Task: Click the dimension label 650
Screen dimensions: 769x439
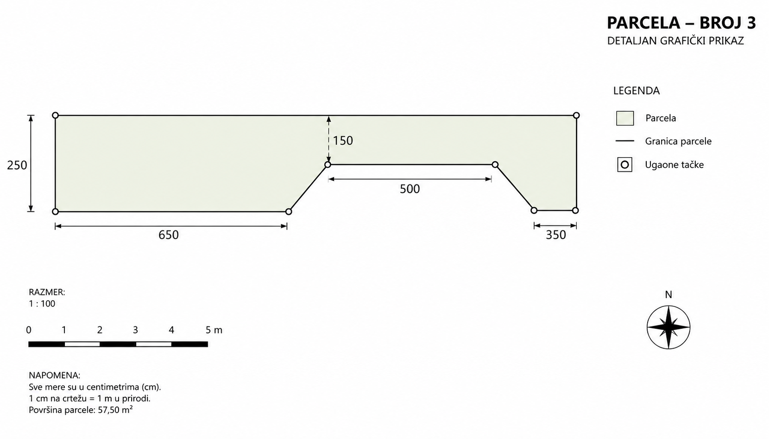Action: pos(169,235)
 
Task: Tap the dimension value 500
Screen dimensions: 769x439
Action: pos(410,189)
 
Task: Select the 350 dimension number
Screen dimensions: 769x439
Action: pos(556,235)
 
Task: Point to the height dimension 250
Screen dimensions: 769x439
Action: pos(17,165)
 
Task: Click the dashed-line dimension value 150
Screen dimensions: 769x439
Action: pos(343,140)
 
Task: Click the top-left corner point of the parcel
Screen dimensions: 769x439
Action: pos(55,115)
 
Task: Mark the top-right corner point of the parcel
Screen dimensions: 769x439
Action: pos(576,115)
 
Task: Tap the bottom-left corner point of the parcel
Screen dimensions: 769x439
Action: pos(55,211)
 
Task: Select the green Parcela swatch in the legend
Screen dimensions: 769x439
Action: pos(625,118)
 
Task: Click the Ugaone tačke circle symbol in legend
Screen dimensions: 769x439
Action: pos(625,165)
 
